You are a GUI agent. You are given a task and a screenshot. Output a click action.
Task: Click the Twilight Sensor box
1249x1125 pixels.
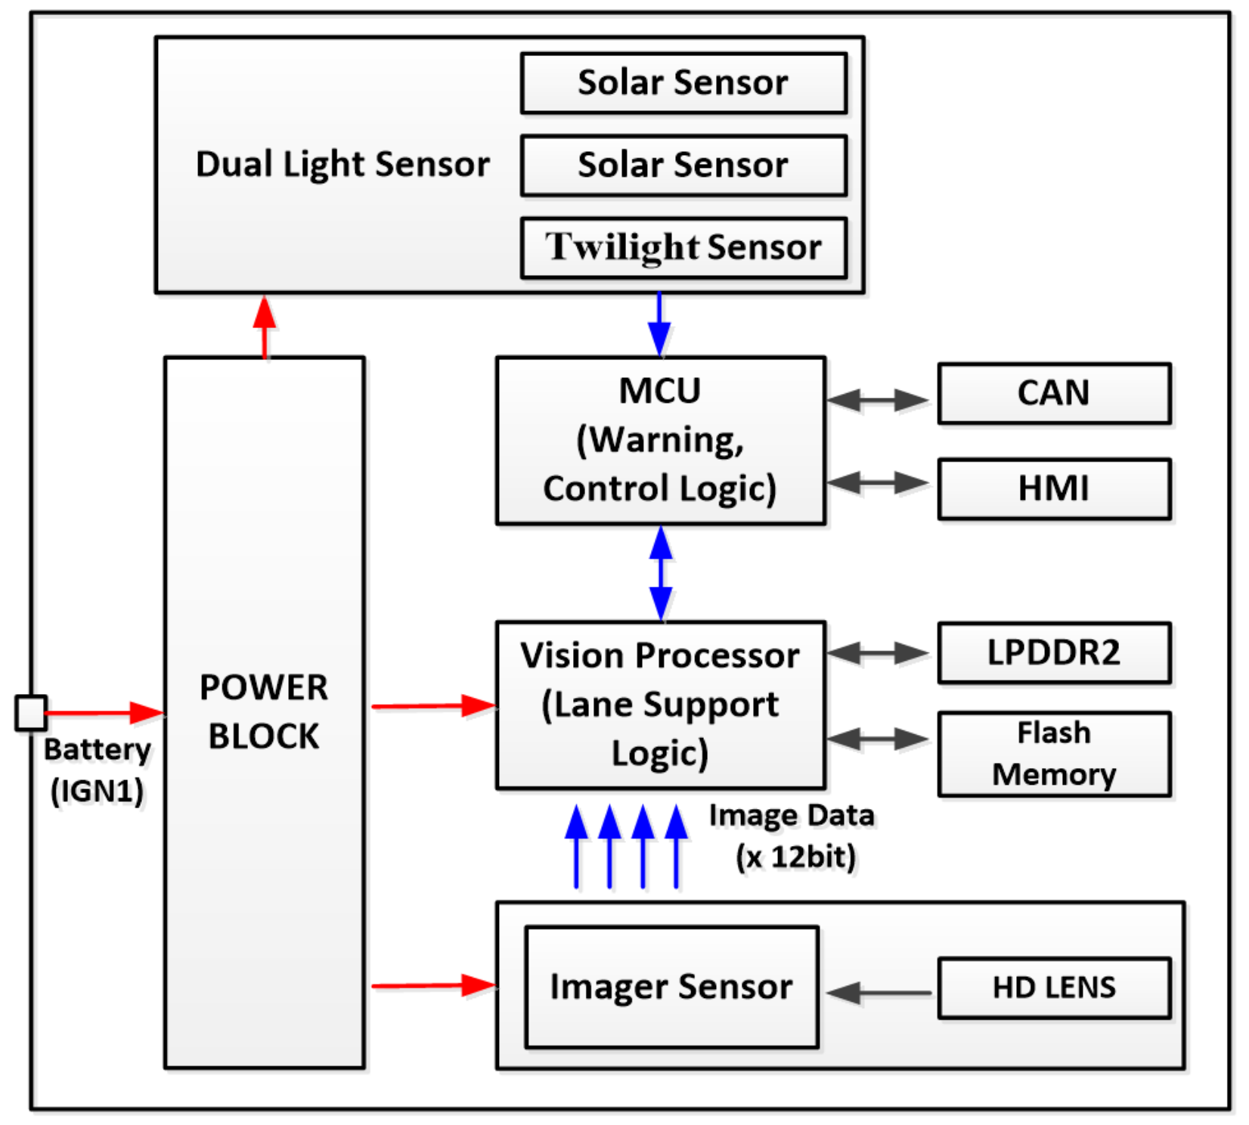click(683, 248)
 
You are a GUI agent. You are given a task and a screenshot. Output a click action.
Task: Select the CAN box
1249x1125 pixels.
click(1054, 393)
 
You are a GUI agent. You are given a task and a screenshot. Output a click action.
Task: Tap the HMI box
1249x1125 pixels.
click(1054, 488)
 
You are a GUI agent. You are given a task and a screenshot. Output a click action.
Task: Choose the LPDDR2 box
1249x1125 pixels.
click(1054, 652)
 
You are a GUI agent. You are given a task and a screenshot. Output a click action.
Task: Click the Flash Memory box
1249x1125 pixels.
click(1054, 754)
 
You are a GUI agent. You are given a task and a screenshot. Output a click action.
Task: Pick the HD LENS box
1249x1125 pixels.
click(1054, 987)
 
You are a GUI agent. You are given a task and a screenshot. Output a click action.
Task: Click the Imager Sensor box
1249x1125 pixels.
click(671, 987)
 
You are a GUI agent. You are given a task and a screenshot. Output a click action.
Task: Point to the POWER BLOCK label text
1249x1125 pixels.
click(264, 711)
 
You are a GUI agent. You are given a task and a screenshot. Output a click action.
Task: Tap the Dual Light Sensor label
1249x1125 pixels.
click(342, 164)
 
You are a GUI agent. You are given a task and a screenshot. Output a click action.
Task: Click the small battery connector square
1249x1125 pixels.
click(31, 712)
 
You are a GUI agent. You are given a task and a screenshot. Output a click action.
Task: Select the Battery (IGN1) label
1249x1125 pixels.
click(98, 770)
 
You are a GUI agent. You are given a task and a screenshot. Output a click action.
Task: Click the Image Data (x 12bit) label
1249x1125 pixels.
click(792, 835)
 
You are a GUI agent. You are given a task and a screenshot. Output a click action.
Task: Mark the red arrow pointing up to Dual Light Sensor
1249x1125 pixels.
click(264, 327)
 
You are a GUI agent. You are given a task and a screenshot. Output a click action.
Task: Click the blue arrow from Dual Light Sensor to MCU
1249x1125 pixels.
click(659, 324)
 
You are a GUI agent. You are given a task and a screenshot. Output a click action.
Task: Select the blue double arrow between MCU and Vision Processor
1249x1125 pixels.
click(661, 573)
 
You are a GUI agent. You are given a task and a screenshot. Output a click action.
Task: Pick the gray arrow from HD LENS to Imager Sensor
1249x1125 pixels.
click(879, 993)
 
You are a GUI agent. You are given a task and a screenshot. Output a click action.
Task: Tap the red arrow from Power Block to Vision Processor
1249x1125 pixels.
click(433, 706)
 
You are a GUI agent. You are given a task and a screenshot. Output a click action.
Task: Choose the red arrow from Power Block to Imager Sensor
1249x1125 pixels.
click(433, 985)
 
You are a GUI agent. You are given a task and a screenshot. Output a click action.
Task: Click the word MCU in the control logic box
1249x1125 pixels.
click(659, 391)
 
